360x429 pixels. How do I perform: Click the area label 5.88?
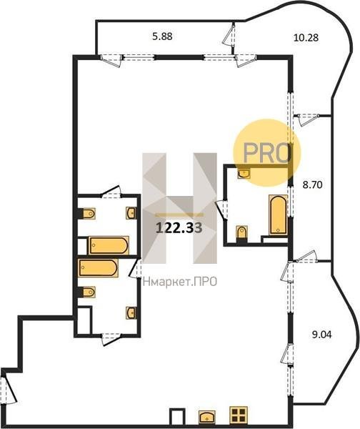(162, 36)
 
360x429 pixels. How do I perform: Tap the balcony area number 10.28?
(306, 37)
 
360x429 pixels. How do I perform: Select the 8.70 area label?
(312, 185)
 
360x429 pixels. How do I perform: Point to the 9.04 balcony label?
(321, 335)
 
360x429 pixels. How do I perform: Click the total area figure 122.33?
(179, 227)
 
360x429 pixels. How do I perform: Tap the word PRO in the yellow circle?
(266, 153)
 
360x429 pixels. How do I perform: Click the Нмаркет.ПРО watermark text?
(180, 282)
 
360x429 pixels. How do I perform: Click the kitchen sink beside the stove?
(207, 416)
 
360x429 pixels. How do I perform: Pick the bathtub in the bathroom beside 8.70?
(279, 214)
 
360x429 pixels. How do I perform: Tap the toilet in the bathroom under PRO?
(241, 232)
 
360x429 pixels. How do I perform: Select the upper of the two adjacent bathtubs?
(109, 245)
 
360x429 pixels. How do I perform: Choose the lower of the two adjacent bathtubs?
(98, 268)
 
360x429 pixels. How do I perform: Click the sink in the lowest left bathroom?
(131, 312)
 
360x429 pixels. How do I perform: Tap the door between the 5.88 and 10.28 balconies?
(229, 34)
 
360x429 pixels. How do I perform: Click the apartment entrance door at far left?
(9, 390)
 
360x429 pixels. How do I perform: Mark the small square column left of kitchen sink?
(177, 416)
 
